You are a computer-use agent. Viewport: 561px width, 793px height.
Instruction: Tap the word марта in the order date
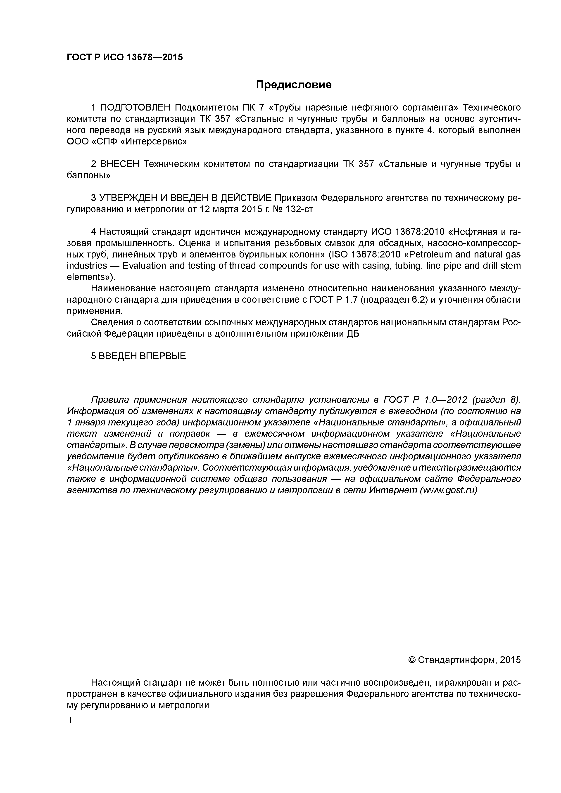(226, 209)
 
